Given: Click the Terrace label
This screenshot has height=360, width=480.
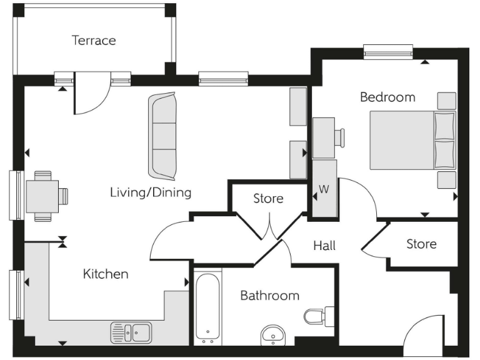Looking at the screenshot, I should (x=94, y=41).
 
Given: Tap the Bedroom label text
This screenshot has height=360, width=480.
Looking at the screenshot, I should (x=387, y=97).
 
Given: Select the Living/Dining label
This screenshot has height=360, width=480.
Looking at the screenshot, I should (x=150, y=192).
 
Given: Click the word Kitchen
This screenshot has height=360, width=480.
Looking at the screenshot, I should (x=106, y=274).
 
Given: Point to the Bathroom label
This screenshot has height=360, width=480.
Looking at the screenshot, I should (x=269, y=296).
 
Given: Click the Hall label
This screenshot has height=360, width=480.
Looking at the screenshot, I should (x=324, y=246).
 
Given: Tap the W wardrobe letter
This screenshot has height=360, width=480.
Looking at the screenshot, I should (x=324, y=189).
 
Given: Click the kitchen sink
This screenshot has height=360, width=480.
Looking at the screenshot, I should (x=131, y=332).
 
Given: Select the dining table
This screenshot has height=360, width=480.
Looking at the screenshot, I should (x=42, y=196).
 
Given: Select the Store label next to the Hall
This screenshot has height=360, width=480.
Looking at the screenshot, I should (x=421, y=244).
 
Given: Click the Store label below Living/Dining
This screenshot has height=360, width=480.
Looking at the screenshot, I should (x=268, y=199).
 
